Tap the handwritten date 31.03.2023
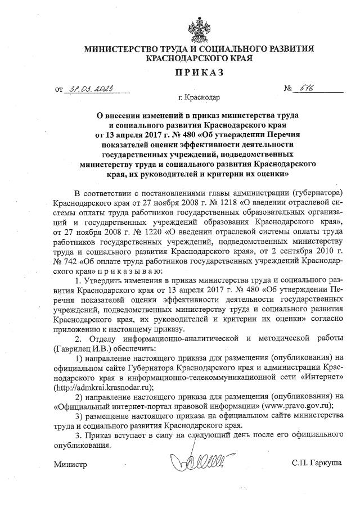tap(91, 88)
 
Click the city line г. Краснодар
tap(199, 98)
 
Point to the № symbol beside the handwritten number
tap(290, 89)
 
